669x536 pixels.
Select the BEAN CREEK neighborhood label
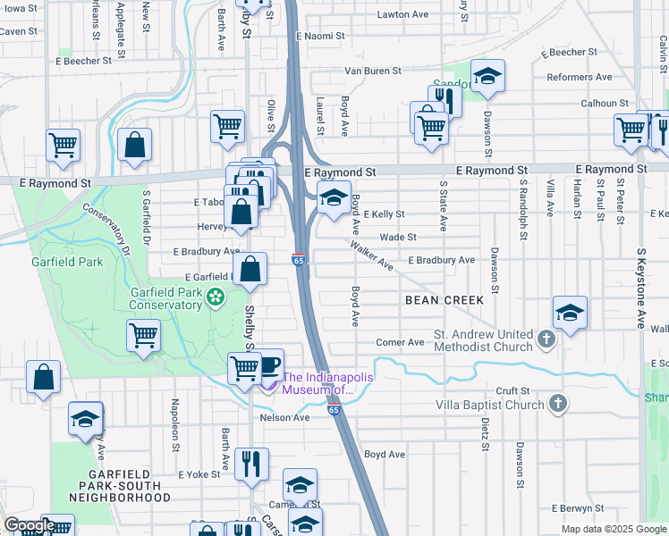[445, 300]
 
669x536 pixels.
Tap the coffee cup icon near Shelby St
[269, 364]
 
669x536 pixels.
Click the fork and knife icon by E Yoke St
[252, 463]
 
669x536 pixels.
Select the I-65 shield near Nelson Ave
[333, 409]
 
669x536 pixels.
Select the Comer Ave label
[400, 342]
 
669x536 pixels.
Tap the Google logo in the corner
[30, 525]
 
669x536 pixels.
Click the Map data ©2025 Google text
[613, 529]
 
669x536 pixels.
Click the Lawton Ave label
[402, 15]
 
